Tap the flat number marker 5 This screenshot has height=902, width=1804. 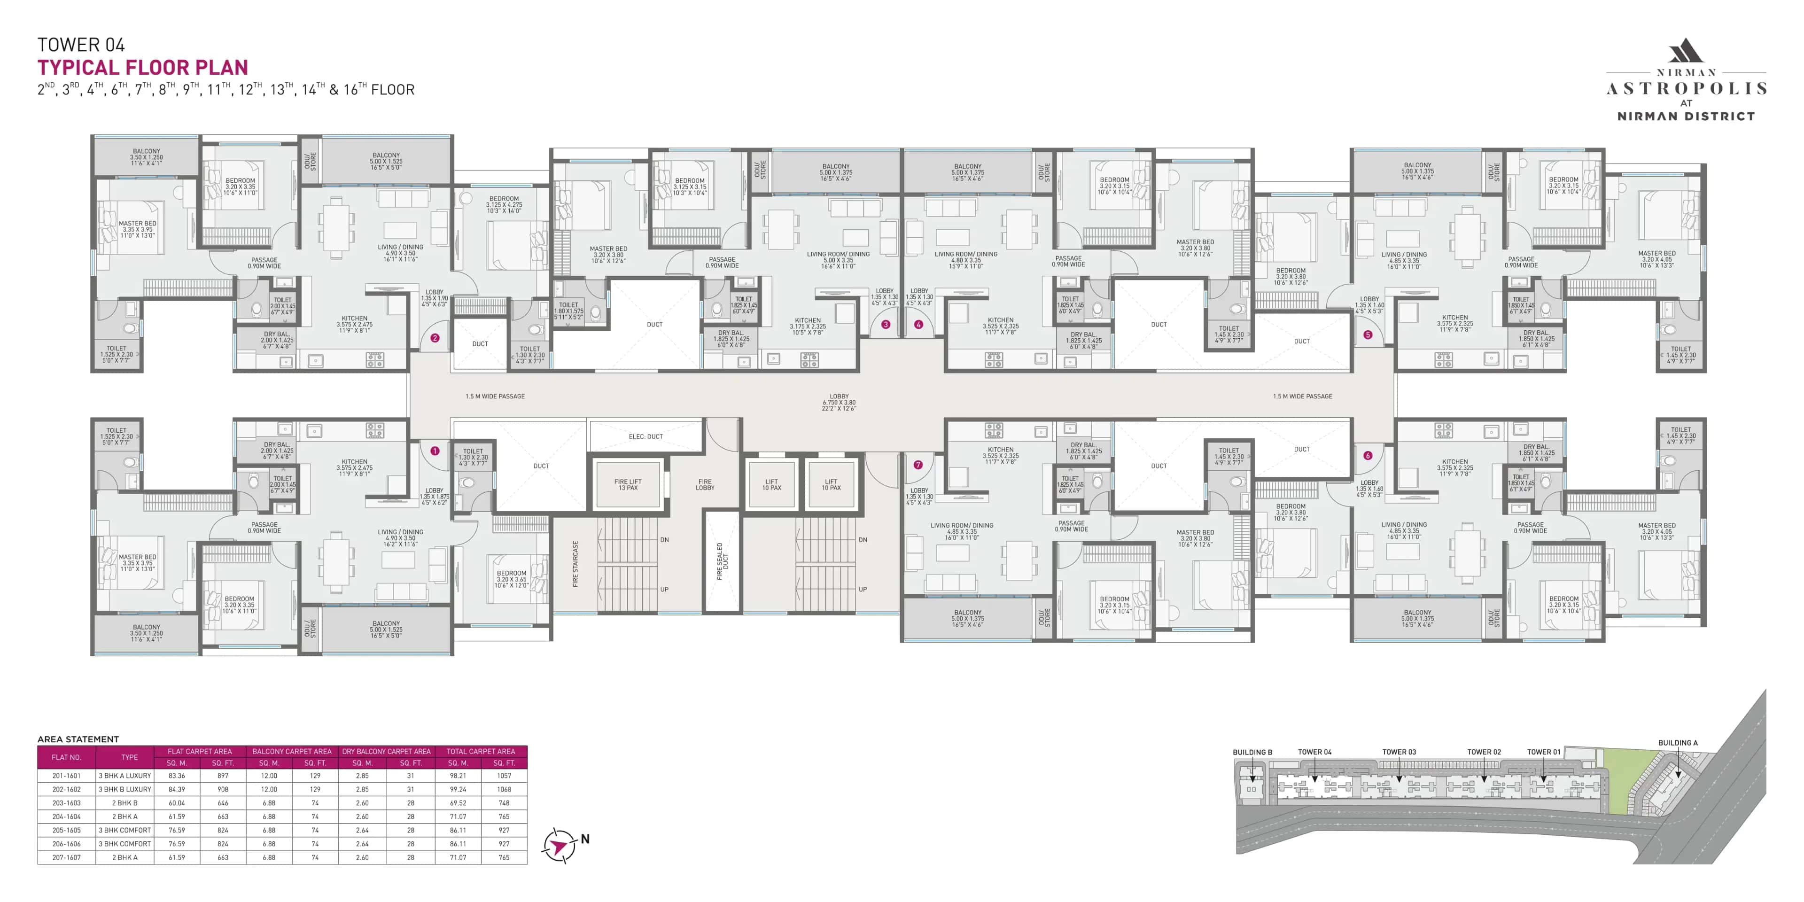(x=1368, y=335)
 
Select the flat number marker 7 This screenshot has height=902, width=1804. (x=918, y=464)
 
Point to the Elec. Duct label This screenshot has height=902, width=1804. (x=645, y=436)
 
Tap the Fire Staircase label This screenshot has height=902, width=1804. (x=575, y=564)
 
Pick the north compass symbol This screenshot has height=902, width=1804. (x=559, y=845)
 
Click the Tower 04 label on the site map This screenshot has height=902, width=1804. (x=1314, y=752)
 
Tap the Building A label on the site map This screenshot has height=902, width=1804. (x=1677, y=743)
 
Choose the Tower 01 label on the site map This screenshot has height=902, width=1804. (x=1543, y=752)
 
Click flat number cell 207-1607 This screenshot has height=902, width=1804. (x=67, y=857)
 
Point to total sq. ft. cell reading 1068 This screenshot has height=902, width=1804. (x=504, y=789)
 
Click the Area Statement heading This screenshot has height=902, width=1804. (x=78, y=739)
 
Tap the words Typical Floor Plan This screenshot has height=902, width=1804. (x=143, y=68)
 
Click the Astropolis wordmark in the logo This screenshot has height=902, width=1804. (x=1686, y=89)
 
